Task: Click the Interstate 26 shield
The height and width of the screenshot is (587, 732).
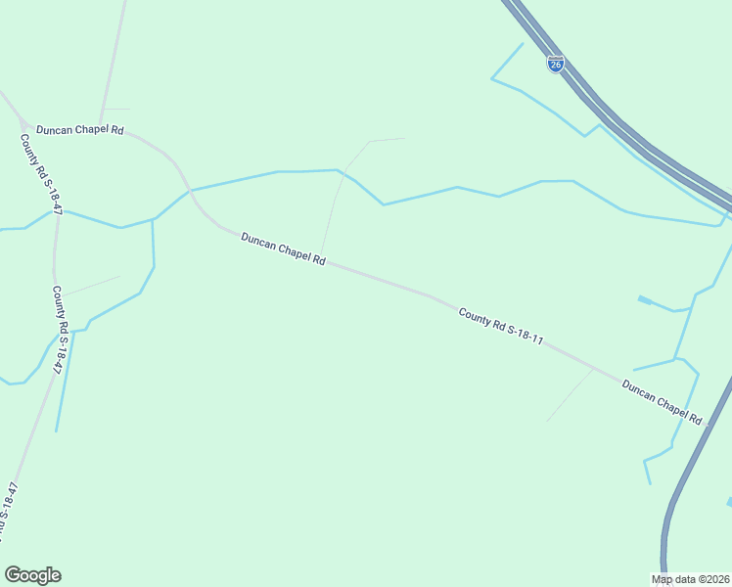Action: (555, 65)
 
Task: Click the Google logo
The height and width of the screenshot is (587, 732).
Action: (32, 575)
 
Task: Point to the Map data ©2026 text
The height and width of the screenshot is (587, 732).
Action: (690, 579)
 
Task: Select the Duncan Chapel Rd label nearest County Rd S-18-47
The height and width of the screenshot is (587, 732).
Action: (79, 129)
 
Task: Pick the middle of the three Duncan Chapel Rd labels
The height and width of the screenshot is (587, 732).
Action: (283, 248)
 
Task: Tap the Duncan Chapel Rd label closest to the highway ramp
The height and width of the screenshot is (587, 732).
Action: (663, 401)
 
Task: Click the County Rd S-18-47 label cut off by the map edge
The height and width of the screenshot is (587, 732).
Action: (9, 513)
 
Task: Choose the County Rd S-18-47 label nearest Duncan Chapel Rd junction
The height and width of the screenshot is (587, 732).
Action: (36, 169)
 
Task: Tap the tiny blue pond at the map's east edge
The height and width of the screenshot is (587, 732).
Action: (728, 502)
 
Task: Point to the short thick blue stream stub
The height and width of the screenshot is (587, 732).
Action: (645, 299)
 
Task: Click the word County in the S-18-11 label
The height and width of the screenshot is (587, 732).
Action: (474, 316)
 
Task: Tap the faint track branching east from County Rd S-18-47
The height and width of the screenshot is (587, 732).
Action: (90, 285)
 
